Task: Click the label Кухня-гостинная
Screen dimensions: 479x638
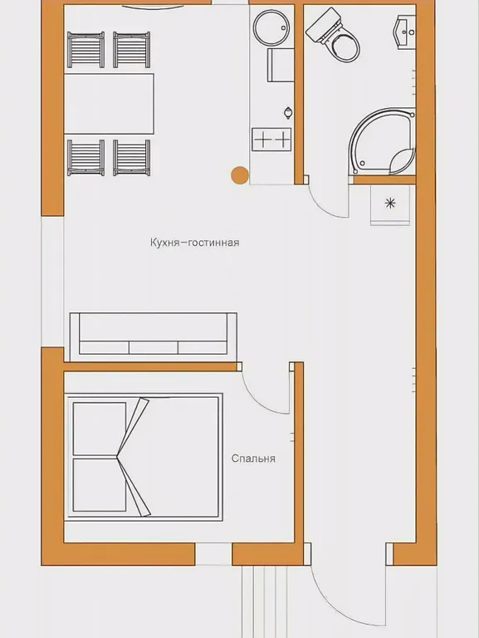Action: point(194,243)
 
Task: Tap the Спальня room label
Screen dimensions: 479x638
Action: point(253,459)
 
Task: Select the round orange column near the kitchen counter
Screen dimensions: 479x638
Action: point(240,175)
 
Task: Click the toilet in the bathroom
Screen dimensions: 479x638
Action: point(334,36)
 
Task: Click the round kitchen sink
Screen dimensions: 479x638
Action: point(271,27)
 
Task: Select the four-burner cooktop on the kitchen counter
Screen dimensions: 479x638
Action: point(271,140)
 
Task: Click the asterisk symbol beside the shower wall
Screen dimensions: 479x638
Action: point(390,203)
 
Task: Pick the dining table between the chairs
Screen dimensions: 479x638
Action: point(109,104)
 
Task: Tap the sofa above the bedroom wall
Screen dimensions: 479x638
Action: point(154,336)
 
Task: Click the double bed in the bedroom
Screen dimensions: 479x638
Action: point(144,457)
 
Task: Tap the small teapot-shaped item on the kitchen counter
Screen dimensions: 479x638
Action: point(288,113)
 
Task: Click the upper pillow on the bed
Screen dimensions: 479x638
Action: point(100,429)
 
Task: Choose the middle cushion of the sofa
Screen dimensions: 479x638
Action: point(154,347)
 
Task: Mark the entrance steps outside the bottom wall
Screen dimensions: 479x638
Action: point(265,601)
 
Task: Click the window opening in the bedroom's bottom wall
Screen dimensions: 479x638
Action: point(213,554)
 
